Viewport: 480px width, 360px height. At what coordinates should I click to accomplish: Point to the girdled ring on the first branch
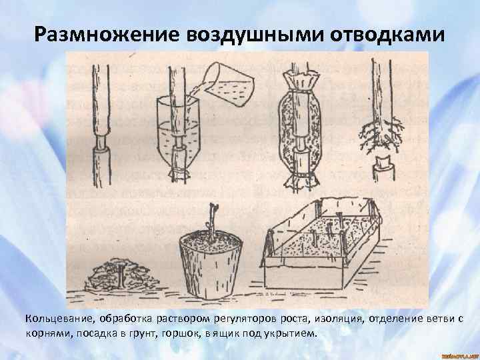[101, 141]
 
